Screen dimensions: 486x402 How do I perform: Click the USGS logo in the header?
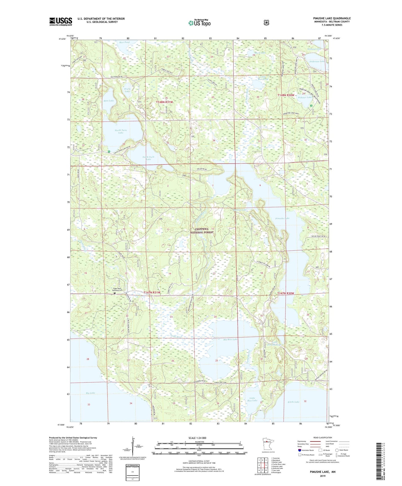point(61,21)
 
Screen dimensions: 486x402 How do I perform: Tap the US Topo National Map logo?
point(199,23)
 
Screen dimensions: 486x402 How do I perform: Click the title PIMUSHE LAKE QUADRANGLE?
point(332,18)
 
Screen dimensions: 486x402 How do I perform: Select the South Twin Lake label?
point(148,158)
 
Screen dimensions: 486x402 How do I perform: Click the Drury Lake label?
point(127,90)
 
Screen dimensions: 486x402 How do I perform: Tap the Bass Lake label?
point(108,101)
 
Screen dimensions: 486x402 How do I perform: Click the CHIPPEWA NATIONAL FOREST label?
point(202,230)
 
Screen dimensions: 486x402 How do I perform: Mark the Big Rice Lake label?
point(230,340)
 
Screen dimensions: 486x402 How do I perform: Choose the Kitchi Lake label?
point(294,402)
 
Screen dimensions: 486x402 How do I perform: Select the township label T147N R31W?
point(152,293)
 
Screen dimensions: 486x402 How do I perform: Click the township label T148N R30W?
point(286,95)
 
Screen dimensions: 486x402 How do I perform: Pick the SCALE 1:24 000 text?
point(197,438)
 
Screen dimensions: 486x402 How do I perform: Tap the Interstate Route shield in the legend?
point(299,450)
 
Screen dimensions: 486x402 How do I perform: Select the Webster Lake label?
point(305,97)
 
